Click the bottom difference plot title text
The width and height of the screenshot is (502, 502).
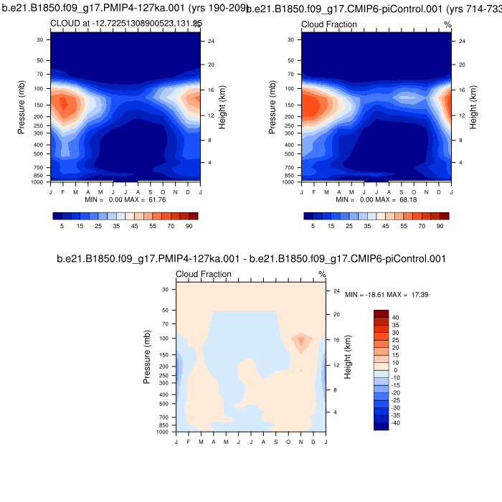click(251, 259)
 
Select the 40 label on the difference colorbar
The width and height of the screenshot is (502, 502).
click(395, 317)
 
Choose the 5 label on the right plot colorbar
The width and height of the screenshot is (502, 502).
click(312, 225)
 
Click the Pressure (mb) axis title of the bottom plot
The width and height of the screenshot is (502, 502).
click(147, 351)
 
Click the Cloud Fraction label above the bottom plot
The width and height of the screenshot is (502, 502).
click(203, 275)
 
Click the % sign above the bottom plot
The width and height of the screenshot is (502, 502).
click(322, 275)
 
